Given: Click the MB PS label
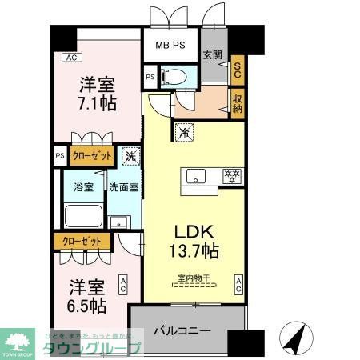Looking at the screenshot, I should click(170, 44).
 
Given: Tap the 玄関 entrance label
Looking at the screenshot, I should click(212, 55).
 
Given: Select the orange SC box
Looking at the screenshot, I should click(237, 70).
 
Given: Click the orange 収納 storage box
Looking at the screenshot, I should click(237, 102).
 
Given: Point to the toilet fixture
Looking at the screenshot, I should click(174, 77).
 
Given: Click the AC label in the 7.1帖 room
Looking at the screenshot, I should click(71, 57).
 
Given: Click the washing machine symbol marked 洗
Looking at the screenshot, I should click(130, 156).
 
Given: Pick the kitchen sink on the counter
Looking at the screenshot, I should click(196, 174).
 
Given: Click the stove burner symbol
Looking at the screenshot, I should click(232, 174).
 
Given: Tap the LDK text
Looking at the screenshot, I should click(195, 231).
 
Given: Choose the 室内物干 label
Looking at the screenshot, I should click(191, 279).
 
